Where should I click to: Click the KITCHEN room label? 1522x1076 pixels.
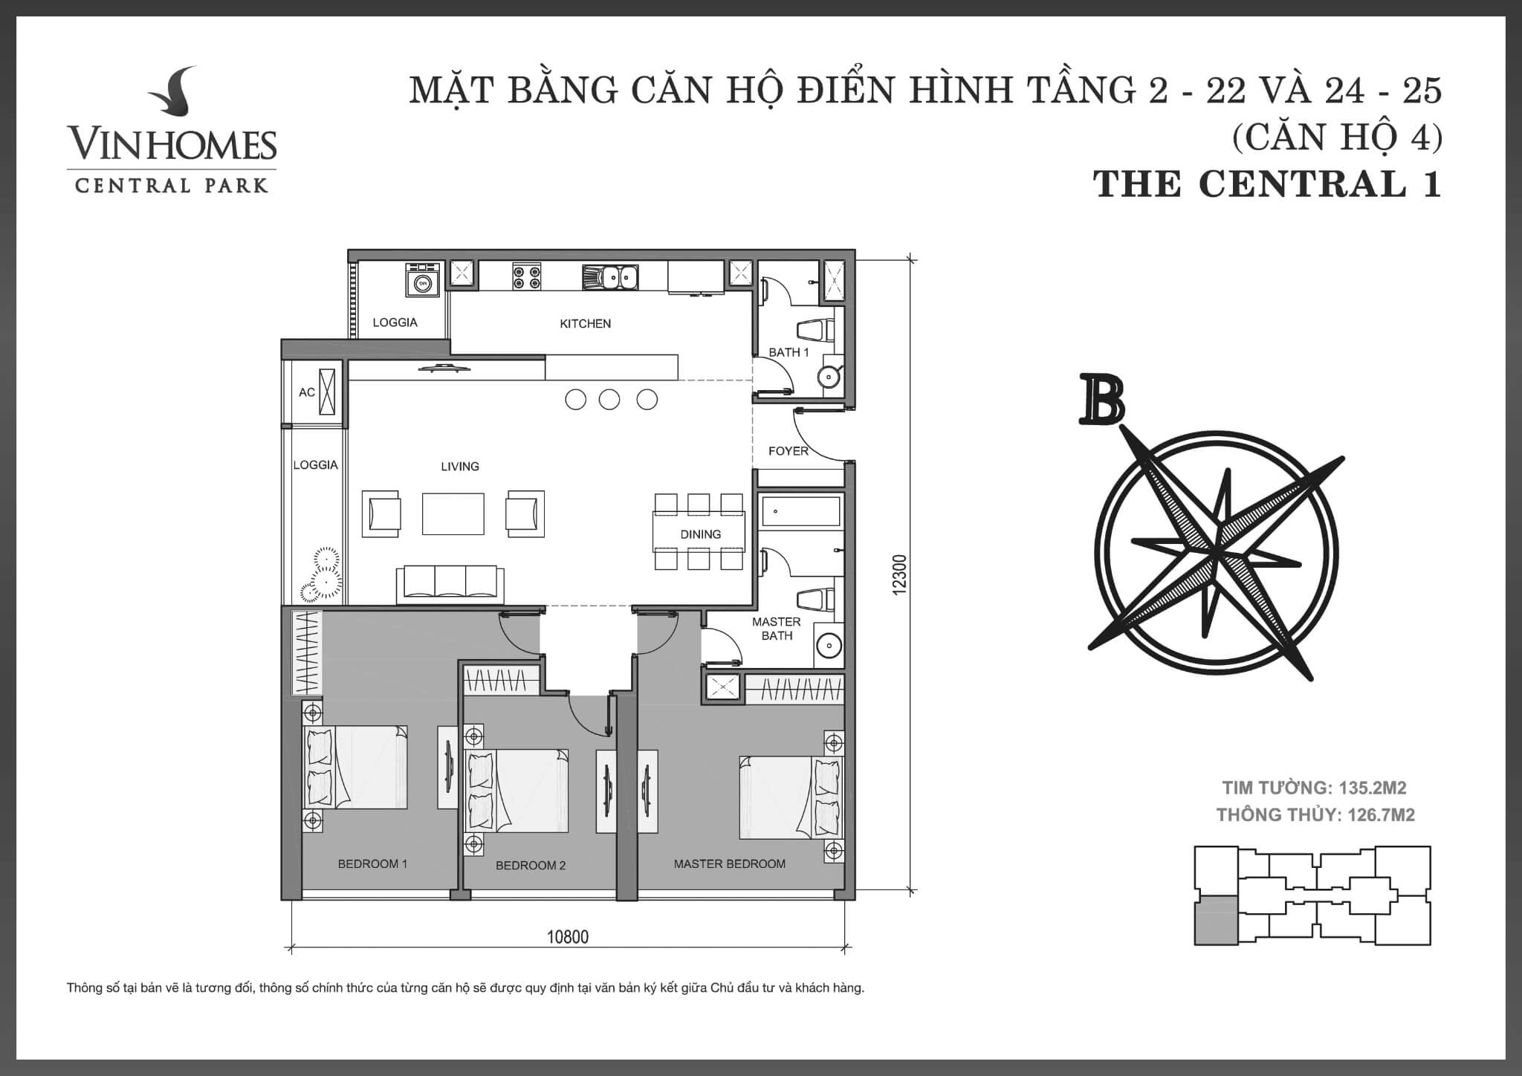tap(585, 323)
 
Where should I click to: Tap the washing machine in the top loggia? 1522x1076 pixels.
tap(423, 282)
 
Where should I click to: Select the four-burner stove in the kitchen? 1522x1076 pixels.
tap(526, 277)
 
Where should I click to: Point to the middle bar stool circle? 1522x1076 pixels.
tap(609, 400)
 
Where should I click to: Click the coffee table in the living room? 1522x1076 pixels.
tap(453, 513)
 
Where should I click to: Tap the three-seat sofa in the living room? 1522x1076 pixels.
tap(450, 583)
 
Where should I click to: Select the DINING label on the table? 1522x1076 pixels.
tap(700, 534)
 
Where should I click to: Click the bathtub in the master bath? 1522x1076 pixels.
tap(800, 511)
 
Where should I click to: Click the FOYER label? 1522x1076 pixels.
tap(788, 451)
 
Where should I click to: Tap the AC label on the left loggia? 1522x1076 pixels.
tap(307, 392)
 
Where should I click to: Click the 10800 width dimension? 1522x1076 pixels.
tap(568, 937)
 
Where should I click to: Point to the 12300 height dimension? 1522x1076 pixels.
tap(900, 574)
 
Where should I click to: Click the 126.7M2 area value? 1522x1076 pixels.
tap(1381, 815)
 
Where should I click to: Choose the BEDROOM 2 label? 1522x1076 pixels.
tap(531, 866)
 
